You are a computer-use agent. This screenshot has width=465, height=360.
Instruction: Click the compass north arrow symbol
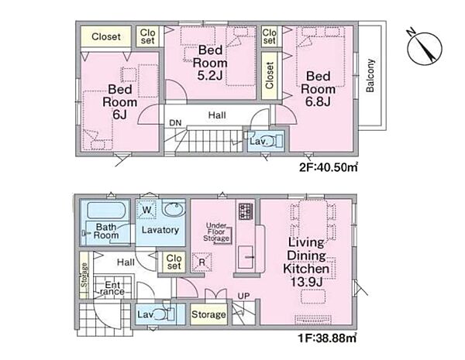(x=425, y=47)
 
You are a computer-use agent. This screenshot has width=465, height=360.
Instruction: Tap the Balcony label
(x=370, y=76)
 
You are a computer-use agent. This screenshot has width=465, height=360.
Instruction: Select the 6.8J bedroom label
(x=318, y=89)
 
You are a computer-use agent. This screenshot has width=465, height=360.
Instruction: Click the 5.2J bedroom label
(x=210, y=63)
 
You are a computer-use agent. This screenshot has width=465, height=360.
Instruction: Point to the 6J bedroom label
(x=119, y=101)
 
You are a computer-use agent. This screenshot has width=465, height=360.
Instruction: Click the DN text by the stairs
(x=175, y=122)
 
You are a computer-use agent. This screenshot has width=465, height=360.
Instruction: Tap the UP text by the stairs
(x=243, y=296)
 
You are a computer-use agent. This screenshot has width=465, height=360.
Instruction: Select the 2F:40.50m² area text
(x=328, y=167)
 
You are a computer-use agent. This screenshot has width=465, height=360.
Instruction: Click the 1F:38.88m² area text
(x=327, y=338)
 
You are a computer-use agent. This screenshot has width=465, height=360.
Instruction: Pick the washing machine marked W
(x=146, y=210)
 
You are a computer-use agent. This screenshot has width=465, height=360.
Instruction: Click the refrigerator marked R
(x=202, y=262)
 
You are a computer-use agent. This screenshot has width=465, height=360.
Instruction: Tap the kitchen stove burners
(x=246, y=211)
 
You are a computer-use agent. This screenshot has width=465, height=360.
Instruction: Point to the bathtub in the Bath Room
(x=105, y=211)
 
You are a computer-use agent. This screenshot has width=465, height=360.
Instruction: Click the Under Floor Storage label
(x=216, y=232)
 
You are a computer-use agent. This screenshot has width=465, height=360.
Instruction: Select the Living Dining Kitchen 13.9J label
(x=306, y=262)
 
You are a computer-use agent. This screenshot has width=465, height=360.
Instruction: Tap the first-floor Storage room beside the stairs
(x=208, y=314)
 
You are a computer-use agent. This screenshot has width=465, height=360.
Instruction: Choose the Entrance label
(x=112, y=288)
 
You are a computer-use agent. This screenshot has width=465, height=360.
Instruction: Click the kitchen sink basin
(x=246, y=257)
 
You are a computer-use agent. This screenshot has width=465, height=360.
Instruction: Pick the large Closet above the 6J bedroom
(x=106, y=36)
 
